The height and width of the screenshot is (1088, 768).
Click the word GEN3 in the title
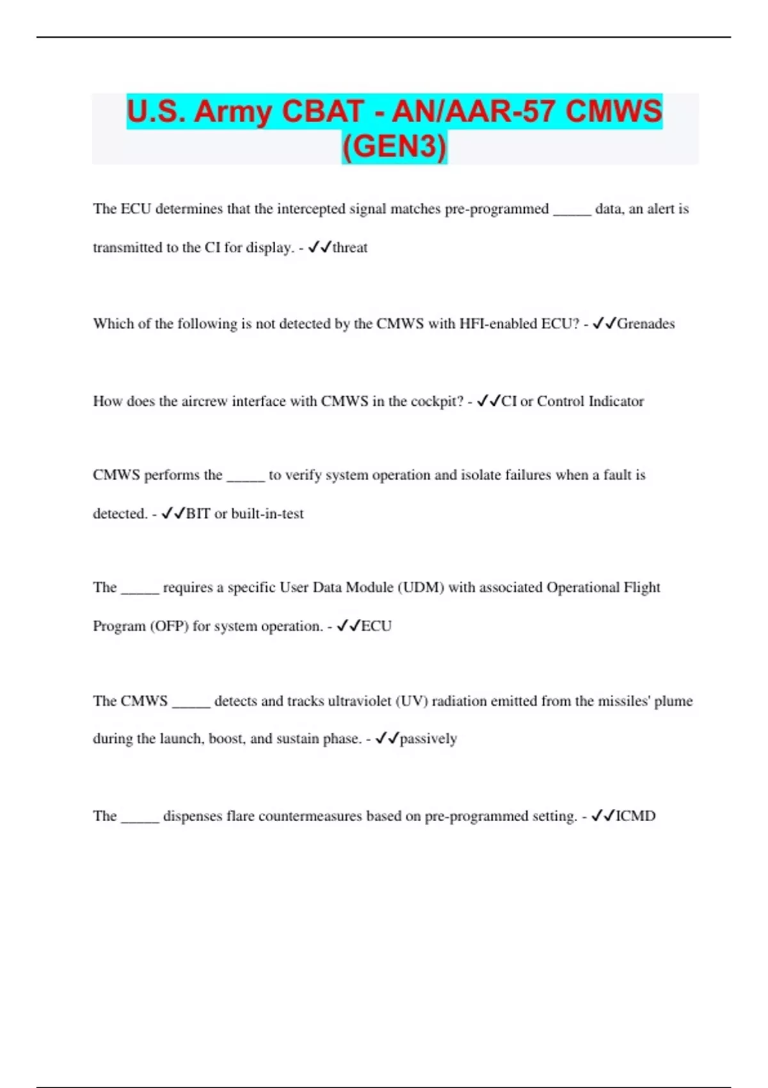pos(394,147)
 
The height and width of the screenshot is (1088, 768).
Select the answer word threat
pos(350,248)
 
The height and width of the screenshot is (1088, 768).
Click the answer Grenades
pos(646,324)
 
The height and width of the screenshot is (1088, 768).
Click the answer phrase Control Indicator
pos(590,401)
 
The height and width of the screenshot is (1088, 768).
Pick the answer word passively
pos(428,739)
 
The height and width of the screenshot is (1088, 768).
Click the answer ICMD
pos(636,816)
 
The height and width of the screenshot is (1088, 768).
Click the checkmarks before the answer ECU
pos(348,626)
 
